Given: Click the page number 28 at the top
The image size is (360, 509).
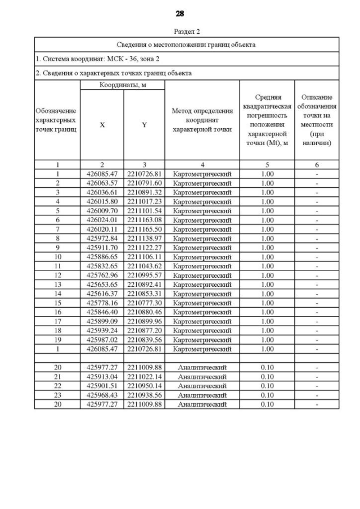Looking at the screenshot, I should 179,13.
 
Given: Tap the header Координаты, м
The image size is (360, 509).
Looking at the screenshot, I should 123,85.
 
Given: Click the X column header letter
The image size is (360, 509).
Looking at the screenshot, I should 102,125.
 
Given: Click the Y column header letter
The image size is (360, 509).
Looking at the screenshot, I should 144,125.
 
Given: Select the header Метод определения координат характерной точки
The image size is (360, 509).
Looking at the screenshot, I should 202,120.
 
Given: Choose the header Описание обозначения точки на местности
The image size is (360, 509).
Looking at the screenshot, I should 317,120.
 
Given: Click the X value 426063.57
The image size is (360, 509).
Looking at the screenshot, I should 102,183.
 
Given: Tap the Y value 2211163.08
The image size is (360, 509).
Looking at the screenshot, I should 144,220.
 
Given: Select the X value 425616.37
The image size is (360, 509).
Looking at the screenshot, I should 102,294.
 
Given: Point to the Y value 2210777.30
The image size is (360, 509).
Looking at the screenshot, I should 144,303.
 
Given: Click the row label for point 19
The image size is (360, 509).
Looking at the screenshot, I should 57,340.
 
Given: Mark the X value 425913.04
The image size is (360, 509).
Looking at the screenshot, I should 102,377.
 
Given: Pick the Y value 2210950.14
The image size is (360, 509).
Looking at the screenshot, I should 144,386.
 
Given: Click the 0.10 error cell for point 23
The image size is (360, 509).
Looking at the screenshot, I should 267,395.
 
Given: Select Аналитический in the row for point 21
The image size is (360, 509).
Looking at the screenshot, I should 202,377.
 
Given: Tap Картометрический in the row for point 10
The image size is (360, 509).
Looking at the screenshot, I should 202,256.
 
